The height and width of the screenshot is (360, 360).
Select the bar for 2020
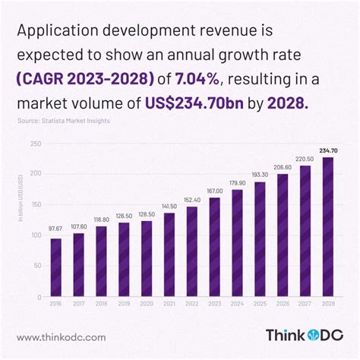[142, 259]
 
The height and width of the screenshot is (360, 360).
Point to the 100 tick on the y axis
[36, 235]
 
